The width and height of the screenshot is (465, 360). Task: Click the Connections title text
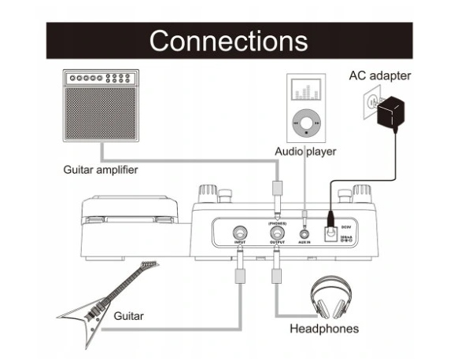click(228, 40)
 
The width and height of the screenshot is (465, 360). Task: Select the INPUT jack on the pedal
click(238, 233)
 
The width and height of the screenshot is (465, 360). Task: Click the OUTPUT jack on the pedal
click(277, 233)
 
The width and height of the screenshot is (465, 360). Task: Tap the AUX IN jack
click(304, 233)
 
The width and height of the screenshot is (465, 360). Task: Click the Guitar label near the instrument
click(128, 315)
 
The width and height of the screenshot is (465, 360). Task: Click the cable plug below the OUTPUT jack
click(277, 276)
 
